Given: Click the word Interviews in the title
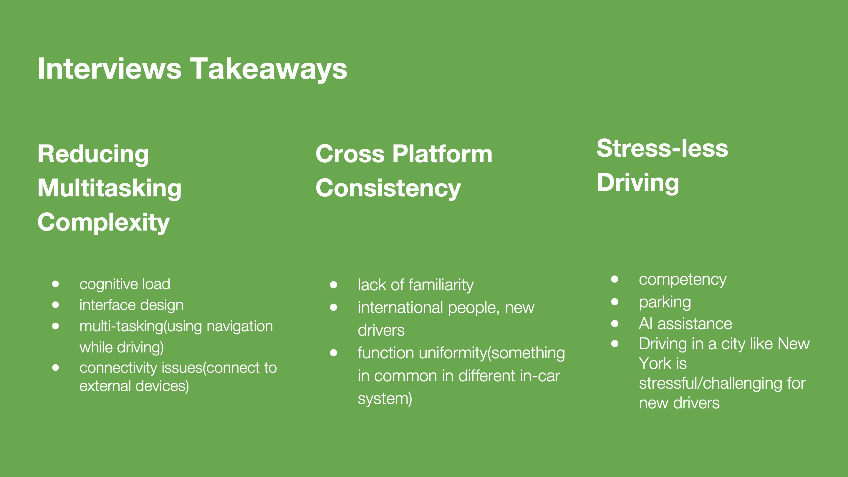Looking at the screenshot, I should pos(109,69).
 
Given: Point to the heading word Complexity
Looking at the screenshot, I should pos(103,223).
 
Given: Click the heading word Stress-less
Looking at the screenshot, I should pos(662,148).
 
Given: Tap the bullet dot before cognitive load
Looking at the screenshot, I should pos(55,284).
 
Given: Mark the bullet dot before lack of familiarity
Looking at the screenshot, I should pos(334,284).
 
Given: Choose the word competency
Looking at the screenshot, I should pos(683,279).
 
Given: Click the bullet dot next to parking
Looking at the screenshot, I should pos(615,302).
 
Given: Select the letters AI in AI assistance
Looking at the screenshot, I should pos(645,324).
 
